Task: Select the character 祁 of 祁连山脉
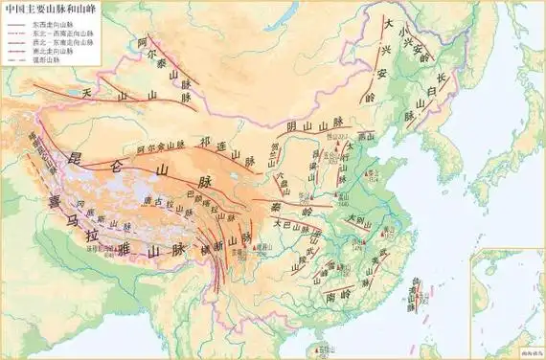tap(204, 141)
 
